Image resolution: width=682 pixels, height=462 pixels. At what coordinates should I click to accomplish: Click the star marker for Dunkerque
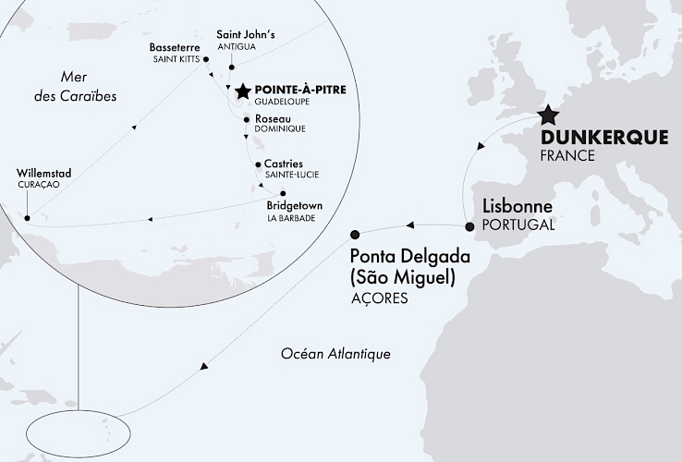pyautogui.click(x=548, y=115)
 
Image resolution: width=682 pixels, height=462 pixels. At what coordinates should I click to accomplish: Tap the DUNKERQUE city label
pyautogui.click(x=603, y=138)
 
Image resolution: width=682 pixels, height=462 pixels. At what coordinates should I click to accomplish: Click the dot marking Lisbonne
pyautogui.click(x=469, y=226)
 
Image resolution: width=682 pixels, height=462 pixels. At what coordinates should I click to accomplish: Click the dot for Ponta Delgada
pyautogui.click(x=354, y=236)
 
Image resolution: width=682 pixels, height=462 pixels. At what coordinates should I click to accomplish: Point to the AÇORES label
pyautogui.click(x=379, y=299)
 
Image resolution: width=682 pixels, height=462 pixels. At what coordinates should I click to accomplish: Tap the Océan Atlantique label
pyautogui.click(x=335, y=354)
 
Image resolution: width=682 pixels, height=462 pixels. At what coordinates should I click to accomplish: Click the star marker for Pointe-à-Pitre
pyautogui.click(x=242, y=91)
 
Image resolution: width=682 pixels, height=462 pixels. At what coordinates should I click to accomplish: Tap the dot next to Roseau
pyautogui.click(x=245, y=119)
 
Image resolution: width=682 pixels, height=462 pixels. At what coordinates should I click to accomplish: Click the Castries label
pyautogui.click(x=284, y=164)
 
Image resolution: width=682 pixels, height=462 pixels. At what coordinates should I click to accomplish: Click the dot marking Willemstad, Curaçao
pyautogui.click(x=28, y=218)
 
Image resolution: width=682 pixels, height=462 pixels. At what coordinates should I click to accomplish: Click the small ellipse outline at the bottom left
pyautogui.click(x=79, y=432)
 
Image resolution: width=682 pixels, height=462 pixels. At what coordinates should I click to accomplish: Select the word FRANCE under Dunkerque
pyautogui.click(x=567, y=155)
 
